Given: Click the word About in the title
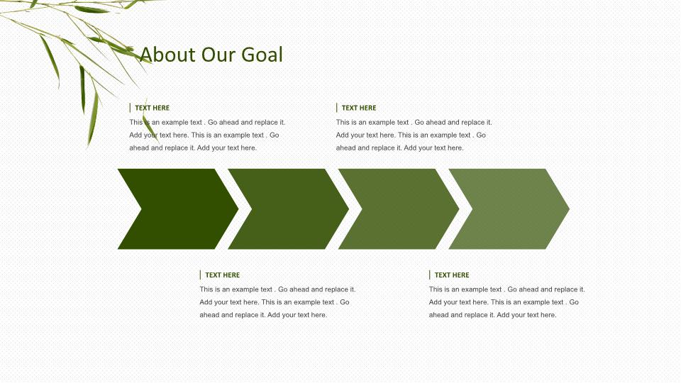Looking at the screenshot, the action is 167,55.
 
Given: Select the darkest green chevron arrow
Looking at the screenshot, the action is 178,209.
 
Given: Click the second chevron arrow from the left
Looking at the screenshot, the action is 289,209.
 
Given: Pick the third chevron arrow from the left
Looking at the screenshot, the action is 399,209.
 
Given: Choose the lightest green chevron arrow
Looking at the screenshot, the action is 509,209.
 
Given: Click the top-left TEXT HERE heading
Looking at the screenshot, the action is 152,108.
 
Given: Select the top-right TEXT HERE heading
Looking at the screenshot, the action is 359,108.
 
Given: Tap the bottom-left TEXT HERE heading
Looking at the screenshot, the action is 222,275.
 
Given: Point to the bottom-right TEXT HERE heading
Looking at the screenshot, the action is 452,275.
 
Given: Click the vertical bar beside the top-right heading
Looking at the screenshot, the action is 336,108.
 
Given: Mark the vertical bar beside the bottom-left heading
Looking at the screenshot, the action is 200,275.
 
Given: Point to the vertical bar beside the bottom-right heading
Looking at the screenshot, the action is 430,275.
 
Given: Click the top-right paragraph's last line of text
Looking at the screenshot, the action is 399,148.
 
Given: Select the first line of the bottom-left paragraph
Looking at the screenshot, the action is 277,289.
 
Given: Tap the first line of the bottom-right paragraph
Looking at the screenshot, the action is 506,289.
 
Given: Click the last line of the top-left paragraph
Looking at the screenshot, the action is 193,148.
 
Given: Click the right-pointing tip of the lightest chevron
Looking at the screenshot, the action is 569,209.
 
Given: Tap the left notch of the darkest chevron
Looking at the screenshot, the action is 141,209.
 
